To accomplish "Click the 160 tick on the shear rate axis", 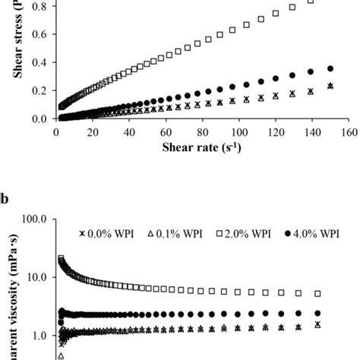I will (x=349, y=131).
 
